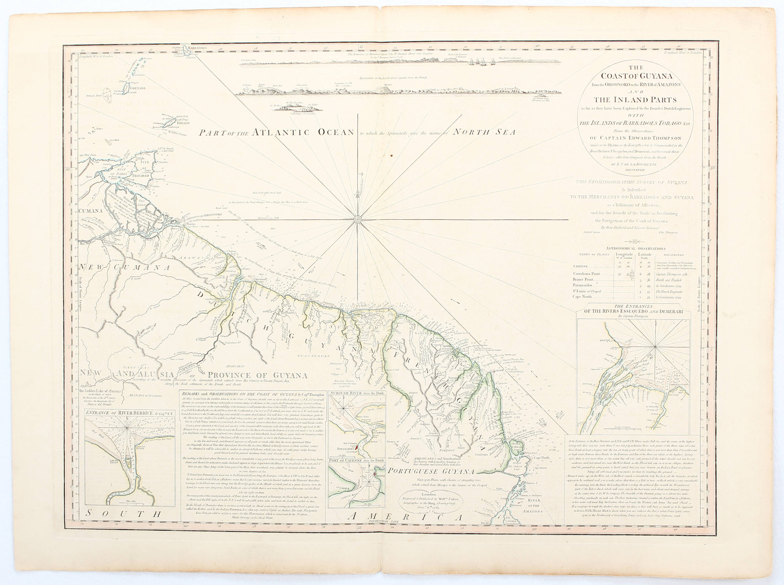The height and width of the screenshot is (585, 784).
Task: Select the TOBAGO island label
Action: pyautogui.click(x=183, y=123)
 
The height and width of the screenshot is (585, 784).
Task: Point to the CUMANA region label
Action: pyautogui.click(x=91, y=210)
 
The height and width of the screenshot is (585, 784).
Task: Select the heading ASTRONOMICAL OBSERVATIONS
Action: pyautogui.click(x=635, y=249)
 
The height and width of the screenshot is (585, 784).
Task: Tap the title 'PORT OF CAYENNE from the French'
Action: pyautogui.click(x=357, y=460)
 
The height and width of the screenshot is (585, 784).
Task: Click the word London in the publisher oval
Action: pyautogui.click(x=430, y=494)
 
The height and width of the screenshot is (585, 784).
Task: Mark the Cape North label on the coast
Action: pyautogui.click(x=541, y=458)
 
